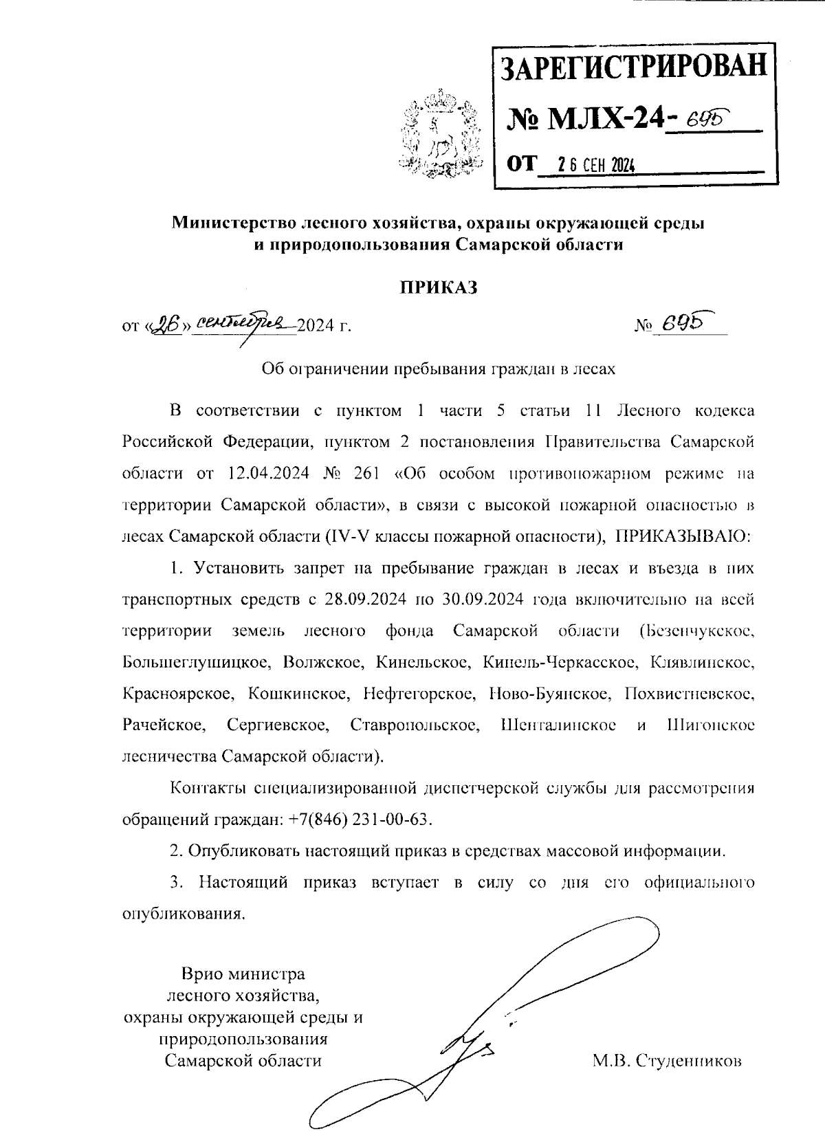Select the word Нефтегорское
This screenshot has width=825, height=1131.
click(x=417, y=694)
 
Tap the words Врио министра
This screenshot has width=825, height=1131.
click(x=243, y=974)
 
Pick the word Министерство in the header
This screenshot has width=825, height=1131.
click(x=235, y=223)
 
